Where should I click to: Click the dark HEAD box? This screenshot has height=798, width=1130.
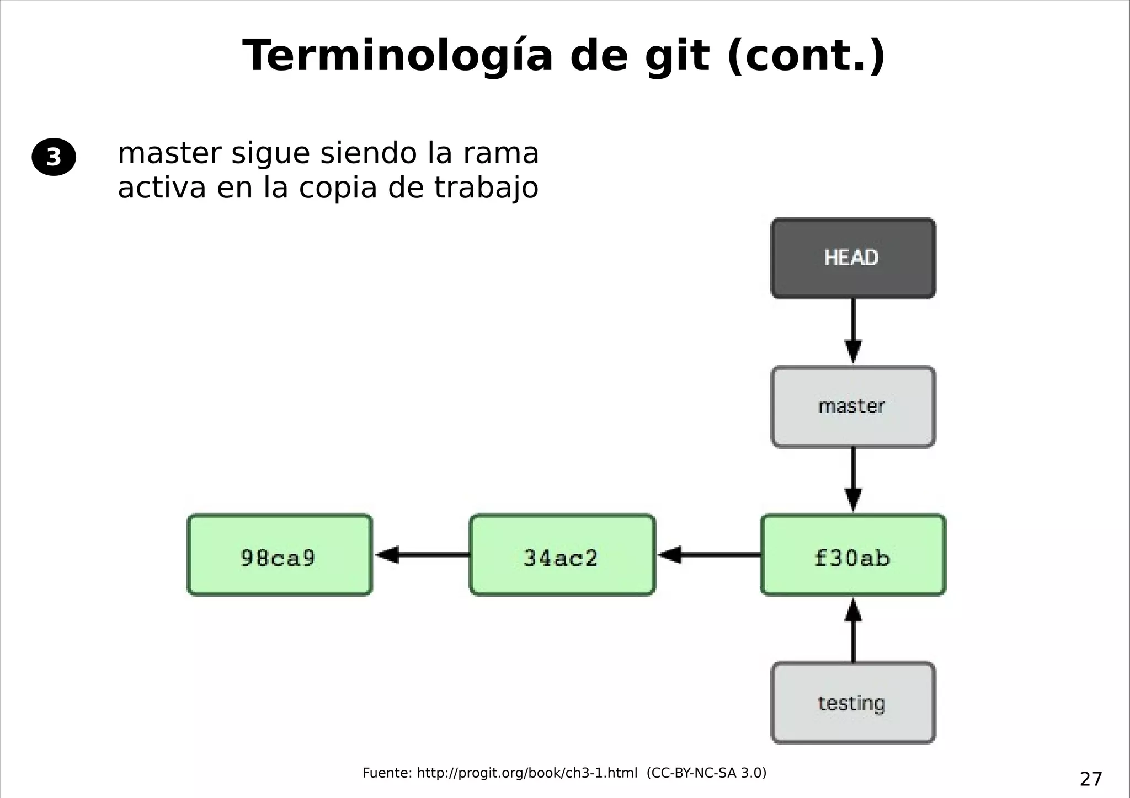[852, 258]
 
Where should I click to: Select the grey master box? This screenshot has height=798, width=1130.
[852, 407]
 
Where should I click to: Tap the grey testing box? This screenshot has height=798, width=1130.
[852, 703]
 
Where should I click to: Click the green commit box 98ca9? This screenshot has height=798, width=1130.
[280, 555]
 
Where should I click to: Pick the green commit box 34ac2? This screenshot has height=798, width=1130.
[562, 555]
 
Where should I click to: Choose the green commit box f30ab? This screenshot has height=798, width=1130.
[852, 555]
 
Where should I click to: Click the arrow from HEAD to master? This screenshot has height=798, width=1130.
[853, 331]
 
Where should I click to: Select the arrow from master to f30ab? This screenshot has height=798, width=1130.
[853, 479]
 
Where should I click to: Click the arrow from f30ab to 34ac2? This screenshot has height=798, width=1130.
[710, 555]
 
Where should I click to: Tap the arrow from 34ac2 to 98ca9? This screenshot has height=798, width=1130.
[422, 555]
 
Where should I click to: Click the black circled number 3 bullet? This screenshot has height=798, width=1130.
[54, 157]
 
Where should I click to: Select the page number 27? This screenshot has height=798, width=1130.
[1090, 779]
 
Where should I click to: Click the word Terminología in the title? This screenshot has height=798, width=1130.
[397, 56]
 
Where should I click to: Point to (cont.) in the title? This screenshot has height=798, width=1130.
[806, 56]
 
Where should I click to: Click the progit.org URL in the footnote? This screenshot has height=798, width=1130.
[526, 773]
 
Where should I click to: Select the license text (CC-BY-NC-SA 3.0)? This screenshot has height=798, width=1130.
[706, 773]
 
